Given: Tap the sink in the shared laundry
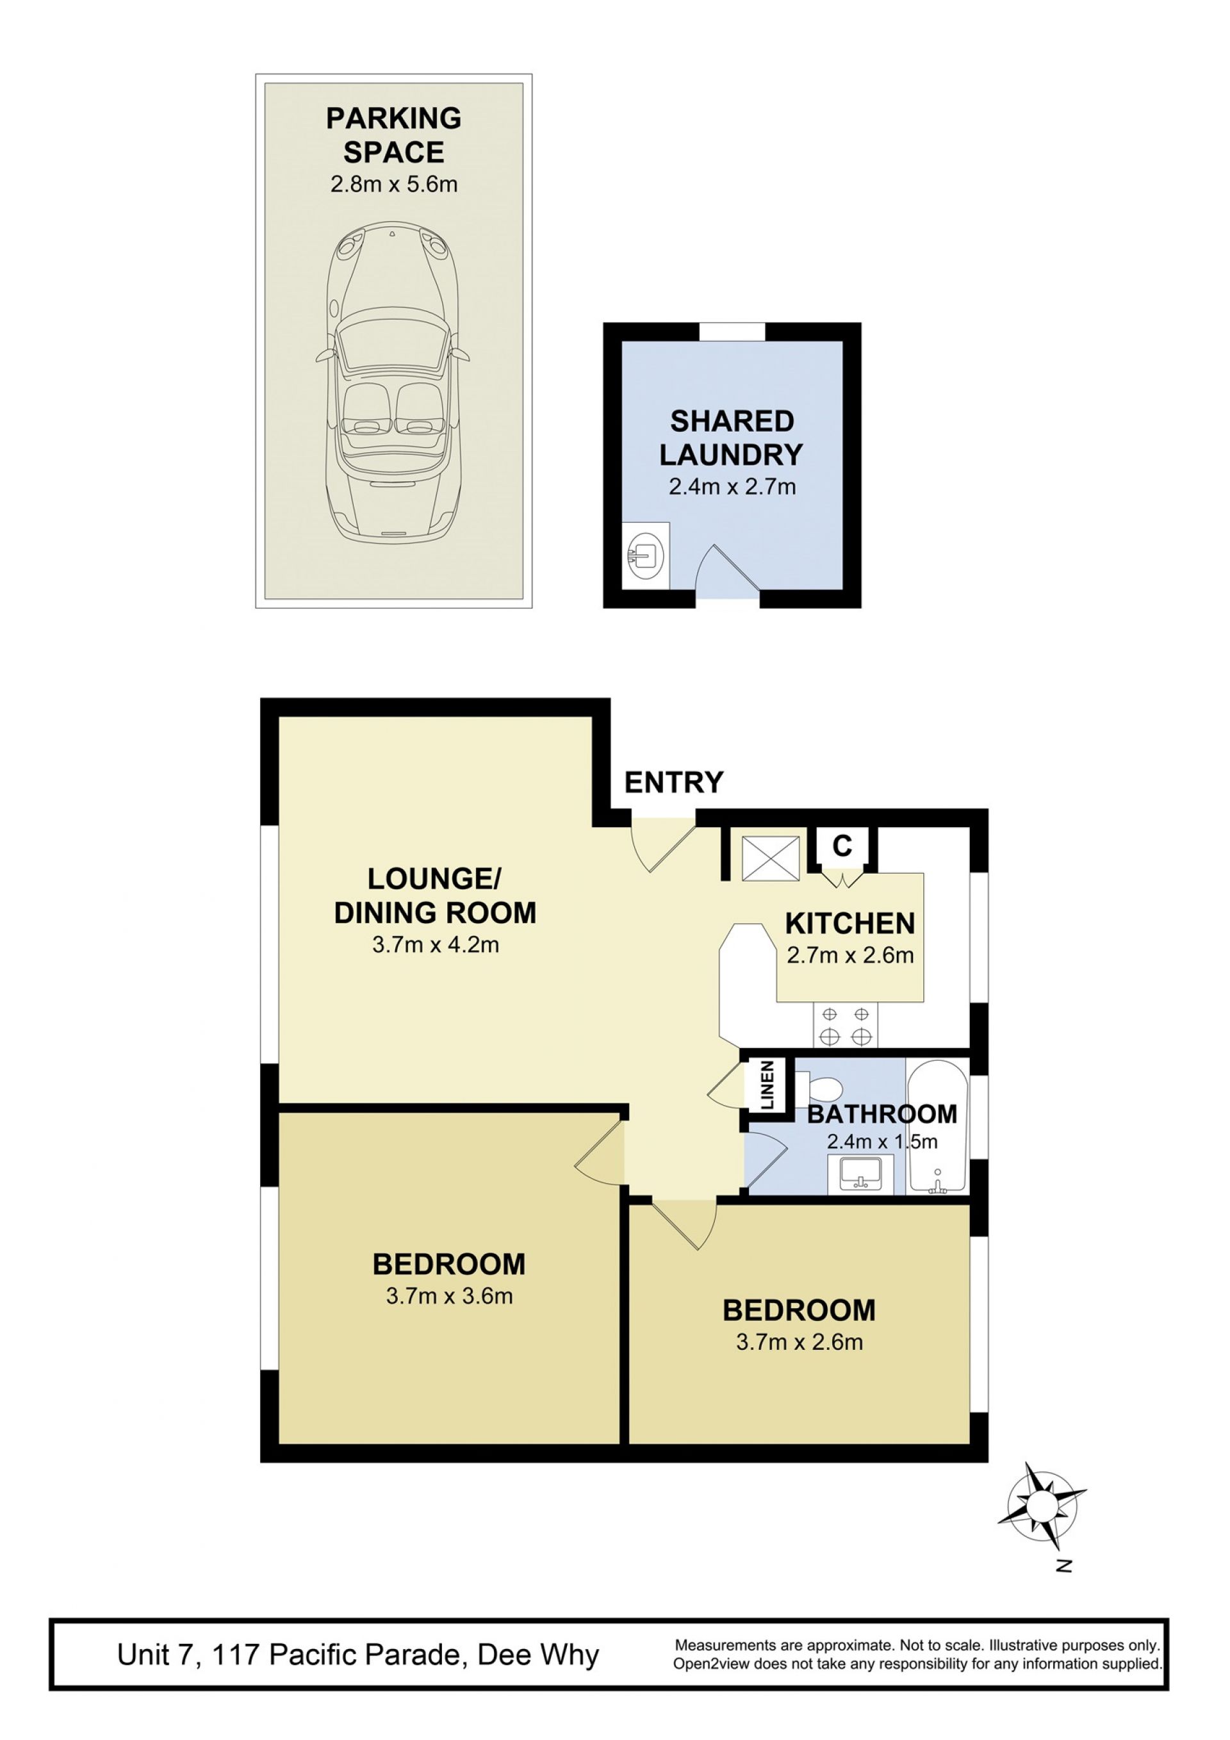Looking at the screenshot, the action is coord(645,555).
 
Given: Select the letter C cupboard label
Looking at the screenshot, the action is coord(842,845).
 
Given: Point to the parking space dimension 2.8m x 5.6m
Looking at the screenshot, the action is coord(393,184).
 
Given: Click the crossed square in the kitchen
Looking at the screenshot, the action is coord(770,858).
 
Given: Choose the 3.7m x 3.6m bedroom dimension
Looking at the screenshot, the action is coord(450,1296).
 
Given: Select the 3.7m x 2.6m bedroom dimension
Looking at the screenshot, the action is coord(799,1342).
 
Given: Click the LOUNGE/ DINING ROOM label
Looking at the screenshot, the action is coord(435,895).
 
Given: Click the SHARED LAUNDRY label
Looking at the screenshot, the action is coord(732,438).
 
